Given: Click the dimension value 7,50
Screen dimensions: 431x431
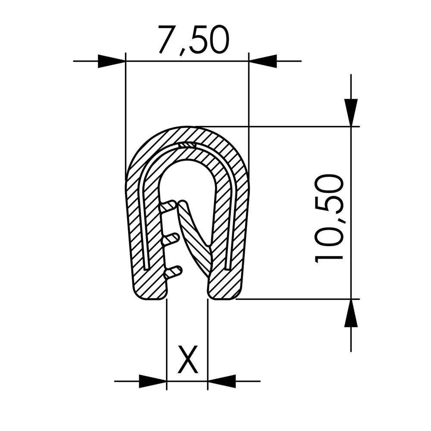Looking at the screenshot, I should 193,40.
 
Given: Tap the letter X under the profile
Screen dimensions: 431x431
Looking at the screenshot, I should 188,360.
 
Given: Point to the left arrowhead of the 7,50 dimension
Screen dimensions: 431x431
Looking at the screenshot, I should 112,61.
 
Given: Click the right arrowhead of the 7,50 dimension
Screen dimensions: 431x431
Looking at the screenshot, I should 262,61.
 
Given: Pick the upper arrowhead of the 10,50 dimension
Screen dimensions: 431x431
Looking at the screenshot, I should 351,112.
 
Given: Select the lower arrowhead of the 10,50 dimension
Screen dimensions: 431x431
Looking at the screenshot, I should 351,313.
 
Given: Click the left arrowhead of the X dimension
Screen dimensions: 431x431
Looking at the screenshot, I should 153,381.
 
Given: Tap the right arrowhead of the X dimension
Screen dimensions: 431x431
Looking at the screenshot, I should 222,381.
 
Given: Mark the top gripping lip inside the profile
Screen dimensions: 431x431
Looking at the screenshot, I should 169,206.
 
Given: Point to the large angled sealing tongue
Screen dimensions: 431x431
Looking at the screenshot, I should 196,241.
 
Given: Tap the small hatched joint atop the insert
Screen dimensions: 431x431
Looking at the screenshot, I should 187,145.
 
